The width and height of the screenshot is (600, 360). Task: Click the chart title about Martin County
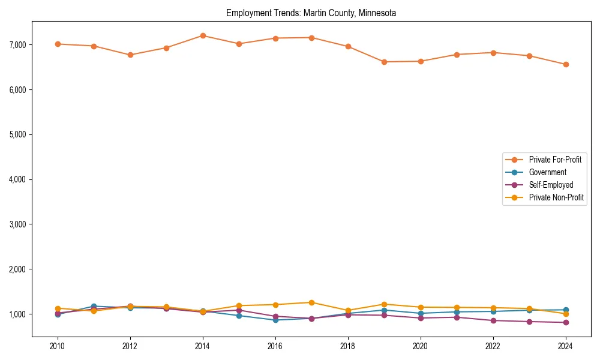pos(311,13)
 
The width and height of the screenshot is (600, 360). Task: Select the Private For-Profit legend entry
pos(555,160)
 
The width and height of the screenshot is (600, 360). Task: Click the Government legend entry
pos(547,172)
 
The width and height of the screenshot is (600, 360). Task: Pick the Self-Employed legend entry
pos(551,185)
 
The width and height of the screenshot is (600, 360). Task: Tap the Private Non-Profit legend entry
pos(556,197)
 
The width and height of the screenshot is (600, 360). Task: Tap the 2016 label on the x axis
pos(275,346)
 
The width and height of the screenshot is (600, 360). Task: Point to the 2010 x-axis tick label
pos(58,346)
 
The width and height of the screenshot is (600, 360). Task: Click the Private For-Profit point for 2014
pos(203,35)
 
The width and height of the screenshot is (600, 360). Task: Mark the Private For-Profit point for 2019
pos(384,62)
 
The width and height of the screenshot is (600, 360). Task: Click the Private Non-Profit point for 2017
pos(311,302)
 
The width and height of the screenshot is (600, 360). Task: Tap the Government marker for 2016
pos(275,320)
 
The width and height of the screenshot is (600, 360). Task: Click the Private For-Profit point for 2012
pos(130,55)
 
